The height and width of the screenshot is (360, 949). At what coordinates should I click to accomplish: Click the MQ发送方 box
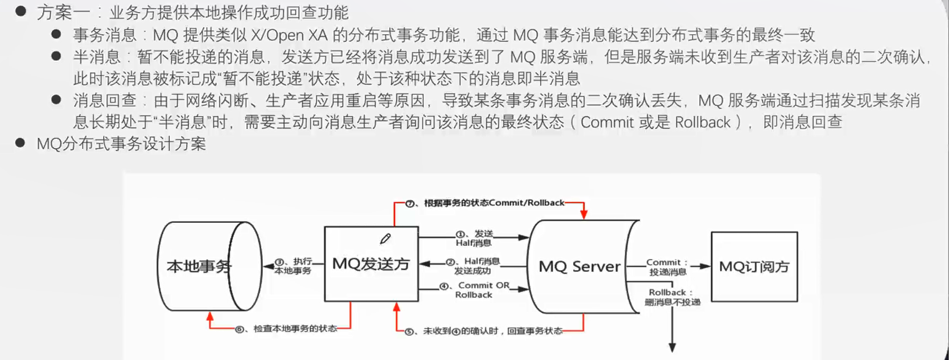click(x=371, y=264)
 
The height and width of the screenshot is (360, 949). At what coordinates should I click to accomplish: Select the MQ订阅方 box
click(x=754, y=267)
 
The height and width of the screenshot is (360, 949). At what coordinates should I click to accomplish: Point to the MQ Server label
click(x=579, y=267)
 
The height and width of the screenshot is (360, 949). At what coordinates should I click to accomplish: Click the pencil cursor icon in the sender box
click(x=385, y=239)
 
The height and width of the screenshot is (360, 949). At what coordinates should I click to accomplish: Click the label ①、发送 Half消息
click(x=474, y=238)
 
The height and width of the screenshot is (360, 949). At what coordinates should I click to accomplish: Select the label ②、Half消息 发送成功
click(x=473, y=266)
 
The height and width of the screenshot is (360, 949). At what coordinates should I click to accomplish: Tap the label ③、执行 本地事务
click(x=293, y=266)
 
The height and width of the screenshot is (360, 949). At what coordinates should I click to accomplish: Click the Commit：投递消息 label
click(x=667, y=267)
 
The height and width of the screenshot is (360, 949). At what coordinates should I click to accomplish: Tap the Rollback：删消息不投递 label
click(x=672, y=297)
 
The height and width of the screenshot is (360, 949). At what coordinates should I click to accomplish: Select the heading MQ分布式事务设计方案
click(x=121, y=144)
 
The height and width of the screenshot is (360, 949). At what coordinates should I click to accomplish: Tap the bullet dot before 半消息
click(x=56, y=56)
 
